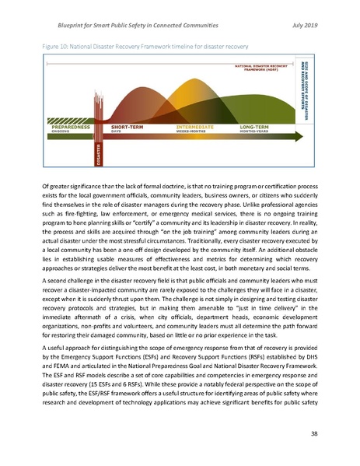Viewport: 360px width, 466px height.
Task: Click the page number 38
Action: pos(309,433)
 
